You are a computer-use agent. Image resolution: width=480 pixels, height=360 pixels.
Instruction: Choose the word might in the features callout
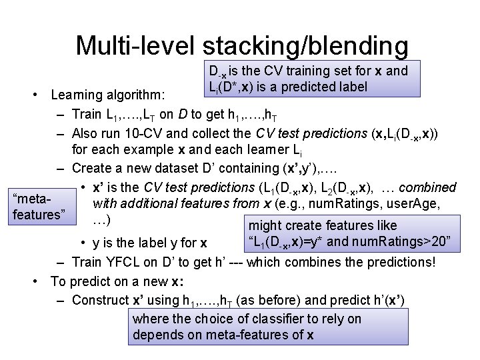coord(265,226)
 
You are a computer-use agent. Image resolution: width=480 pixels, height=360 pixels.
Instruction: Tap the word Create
coord(93,169)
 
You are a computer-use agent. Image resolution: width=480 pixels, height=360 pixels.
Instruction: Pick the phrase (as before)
coord(285,300)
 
